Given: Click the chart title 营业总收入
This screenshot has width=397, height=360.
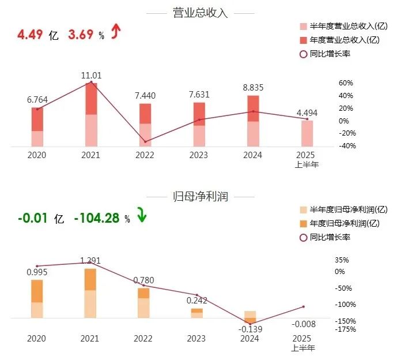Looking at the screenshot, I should (x=200, y=13).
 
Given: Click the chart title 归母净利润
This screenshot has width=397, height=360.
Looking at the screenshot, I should (x=200, y=197).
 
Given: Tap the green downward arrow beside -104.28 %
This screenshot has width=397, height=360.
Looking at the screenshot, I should (x=142, y=217).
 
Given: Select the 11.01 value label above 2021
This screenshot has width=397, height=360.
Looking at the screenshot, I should (x=90, y=75).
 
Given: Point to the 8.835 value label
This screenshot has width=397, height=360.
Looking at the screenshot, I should (x=252, y=88).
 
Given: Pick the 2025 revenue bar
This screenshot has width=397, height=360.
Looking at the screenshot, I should (x=307, y=133).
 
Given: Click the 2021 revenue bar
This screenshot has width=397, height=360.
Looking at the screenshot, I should (x=90, y=114).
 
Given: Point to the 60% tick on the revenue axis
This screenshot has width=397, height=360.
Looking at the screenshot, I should (x=345, y=83).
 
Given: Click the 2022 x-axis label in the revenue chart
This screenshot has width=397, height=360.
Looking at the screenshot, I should (x=145, y=155).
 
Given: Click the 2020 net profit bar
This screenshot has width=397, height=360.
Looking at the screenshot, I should (x=37, y=298).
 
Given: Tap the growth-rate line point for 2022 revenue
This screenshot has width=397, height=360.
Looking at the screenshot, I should (x=145, y=141).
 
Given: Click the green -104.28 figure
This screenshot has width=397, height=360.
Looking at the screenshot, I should (x=96, y=218).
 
